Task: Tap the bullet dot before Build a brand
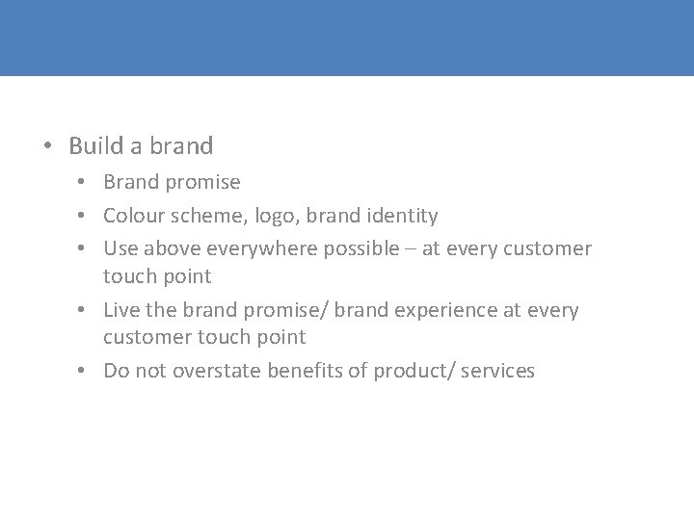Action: point(46,147)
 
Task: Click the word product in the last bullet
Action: point(404,371)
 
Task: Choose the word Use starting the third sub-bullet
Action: point(120,248)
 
